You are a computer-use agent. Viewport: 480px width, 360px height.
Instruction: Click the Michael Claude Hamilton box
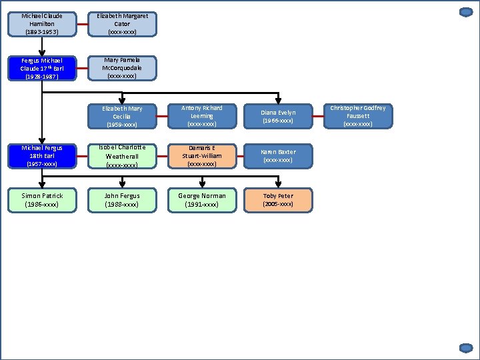click(42, 24)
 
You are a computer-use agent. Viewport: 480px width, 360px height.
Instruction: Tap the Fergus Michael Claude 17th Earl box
click(42, 69)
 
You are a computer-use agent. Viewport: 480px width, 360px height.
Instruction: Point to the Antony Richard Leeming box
click(202, 116)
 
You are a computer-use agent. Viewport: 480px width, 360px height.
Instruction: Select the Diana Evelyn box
click(278, 116)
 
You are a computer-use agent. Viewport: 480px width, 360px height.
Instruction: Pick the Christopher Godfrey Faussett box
click(358, 116)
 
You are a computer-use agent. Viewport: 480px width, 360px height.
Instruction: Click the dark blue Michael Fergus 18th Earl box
click(42, 156)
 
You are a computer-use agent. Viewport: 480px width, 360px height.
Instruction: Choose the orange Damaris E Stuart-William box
click(202, 156)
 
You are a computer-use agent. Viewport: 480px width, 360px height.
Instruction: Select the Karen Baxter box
click(278, 156)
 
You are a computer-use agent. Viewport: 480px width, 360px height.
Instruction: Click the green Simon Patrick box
click(42, 200)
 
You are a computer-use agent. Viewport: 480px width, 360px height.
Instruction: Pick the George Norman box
click(202, 200)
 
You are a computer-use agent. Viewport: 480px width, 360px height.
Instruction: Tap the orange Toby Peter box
click(278, 200)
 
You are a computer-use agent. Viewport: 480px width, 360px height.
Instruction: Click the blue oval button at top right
click(466, 12)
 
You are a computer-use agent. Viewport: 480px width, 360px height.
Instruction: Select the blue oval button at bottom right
click(466, 348)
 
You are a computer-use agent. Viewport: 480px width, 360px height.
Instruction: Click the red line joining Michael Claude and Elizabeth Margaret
click(82, 25)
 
